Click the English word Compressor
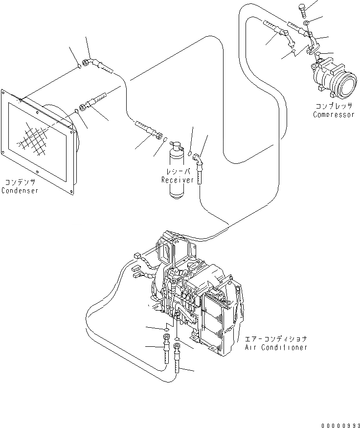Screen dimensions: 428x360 point(334,114)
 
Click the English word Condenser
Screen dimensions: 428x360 point(20,190)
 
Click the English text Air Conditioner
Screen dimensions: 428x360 point(276,347)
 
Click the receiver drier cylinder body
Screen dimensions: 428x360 point(176,179)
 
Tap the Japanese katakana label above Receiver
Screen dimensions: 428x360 point(175,172)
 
